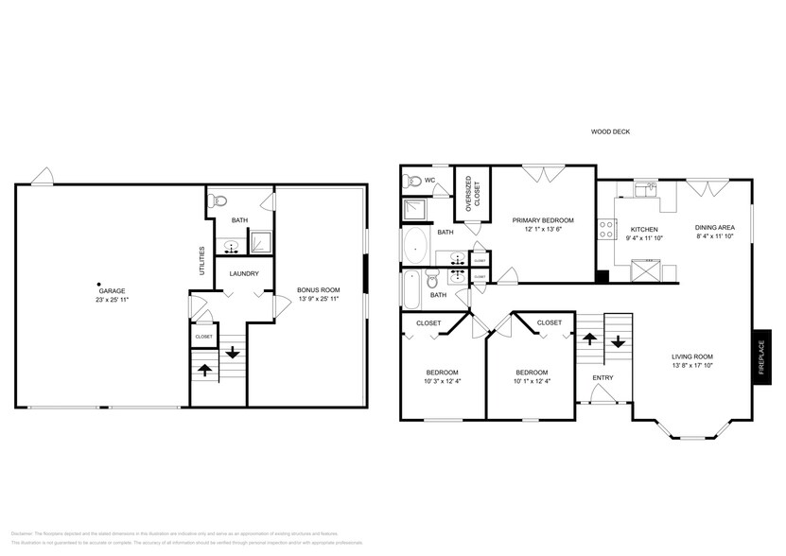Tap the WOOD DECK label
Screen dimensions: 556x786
pyautogui.click(x=610, y=132)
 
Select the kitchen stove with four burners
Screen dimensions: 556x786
pyautogui.click(x=603, y=230)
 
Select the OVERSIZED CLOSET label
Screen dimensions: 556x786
pyautogui.click(x=467, y=192)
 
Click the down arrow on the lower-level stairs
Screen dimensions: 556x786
pyautogui.click(x=232, y=353)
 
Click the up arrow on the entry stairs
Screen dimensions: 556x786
pyautogui.click(x=588, y=338)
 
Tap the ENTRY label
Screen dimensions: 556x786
pyautogui.click(x=603, y=378)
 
